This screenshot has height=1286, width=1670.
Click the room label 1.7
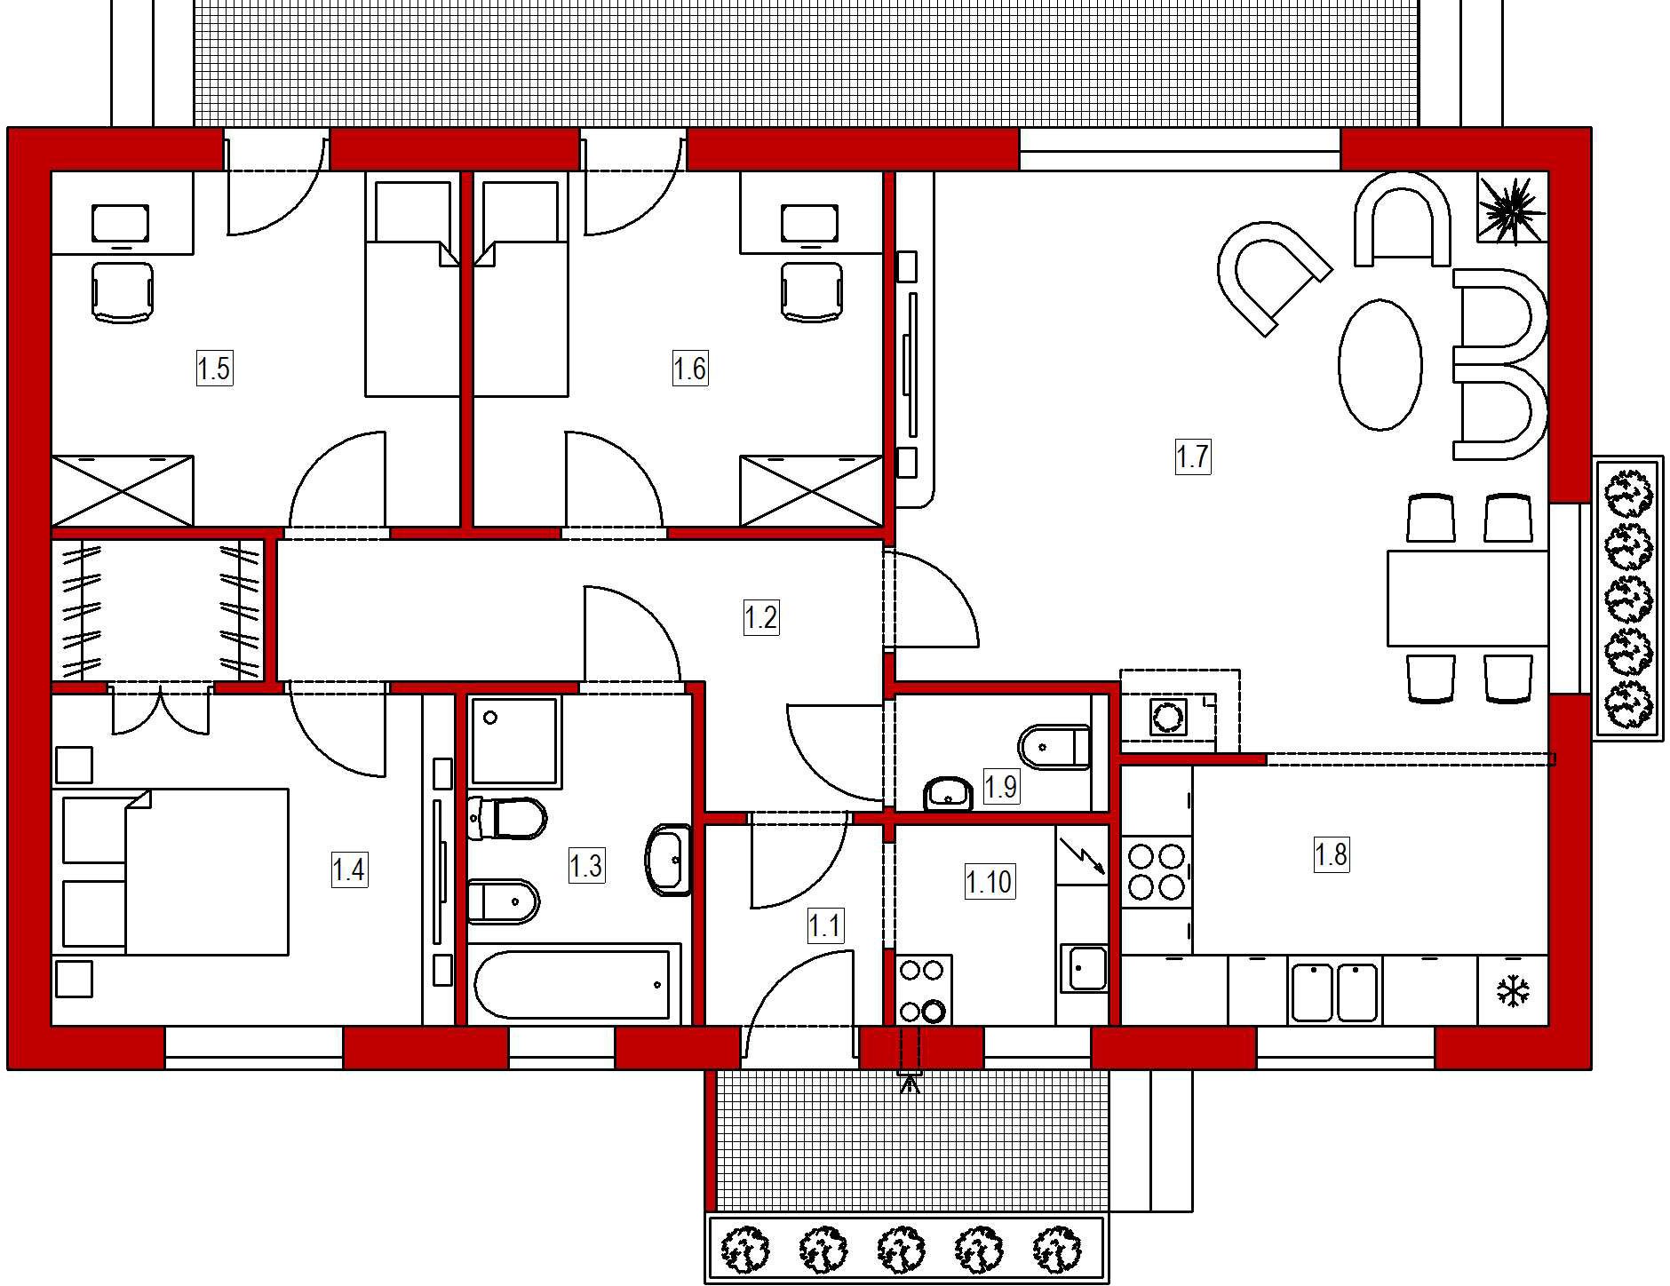pos(1192,456)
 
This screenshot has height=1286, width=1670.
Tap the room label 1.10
pos(988,882)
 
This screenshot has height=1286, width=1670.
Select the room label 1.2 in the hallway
pos(760,617)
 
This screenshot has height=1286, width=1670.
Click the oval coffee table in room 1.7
pos(1380,365)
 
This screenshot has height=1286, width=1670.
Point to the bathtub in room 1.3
pos(571,984)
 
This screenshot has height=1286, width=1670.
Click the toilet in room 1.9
pos(1054,747)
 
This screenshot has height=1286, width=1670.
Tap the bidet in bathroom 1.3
pos(503,901)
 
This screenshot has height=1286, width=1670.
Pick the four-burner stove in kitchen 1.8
pos(1155,871)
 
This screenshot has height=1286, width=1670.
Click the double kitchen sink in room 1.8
pos(1333,991)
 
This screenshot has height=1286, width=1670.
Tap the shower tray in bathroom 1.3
pos(514,740)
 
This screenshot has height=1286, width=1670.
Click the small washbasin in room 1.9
pos(948,793)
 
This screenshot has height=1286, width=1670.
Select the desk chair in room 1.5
pos(122,290)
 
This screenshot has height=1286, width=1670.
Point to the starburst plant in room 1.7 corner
pos(1512,209)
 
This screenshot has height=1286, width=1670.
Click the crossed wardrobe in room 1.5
pos(122,491)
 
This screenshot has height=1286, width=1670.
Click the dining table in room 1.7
pos(1467,598)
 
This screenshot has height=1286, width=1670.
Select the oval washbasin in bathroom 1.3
pos(667,860)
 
